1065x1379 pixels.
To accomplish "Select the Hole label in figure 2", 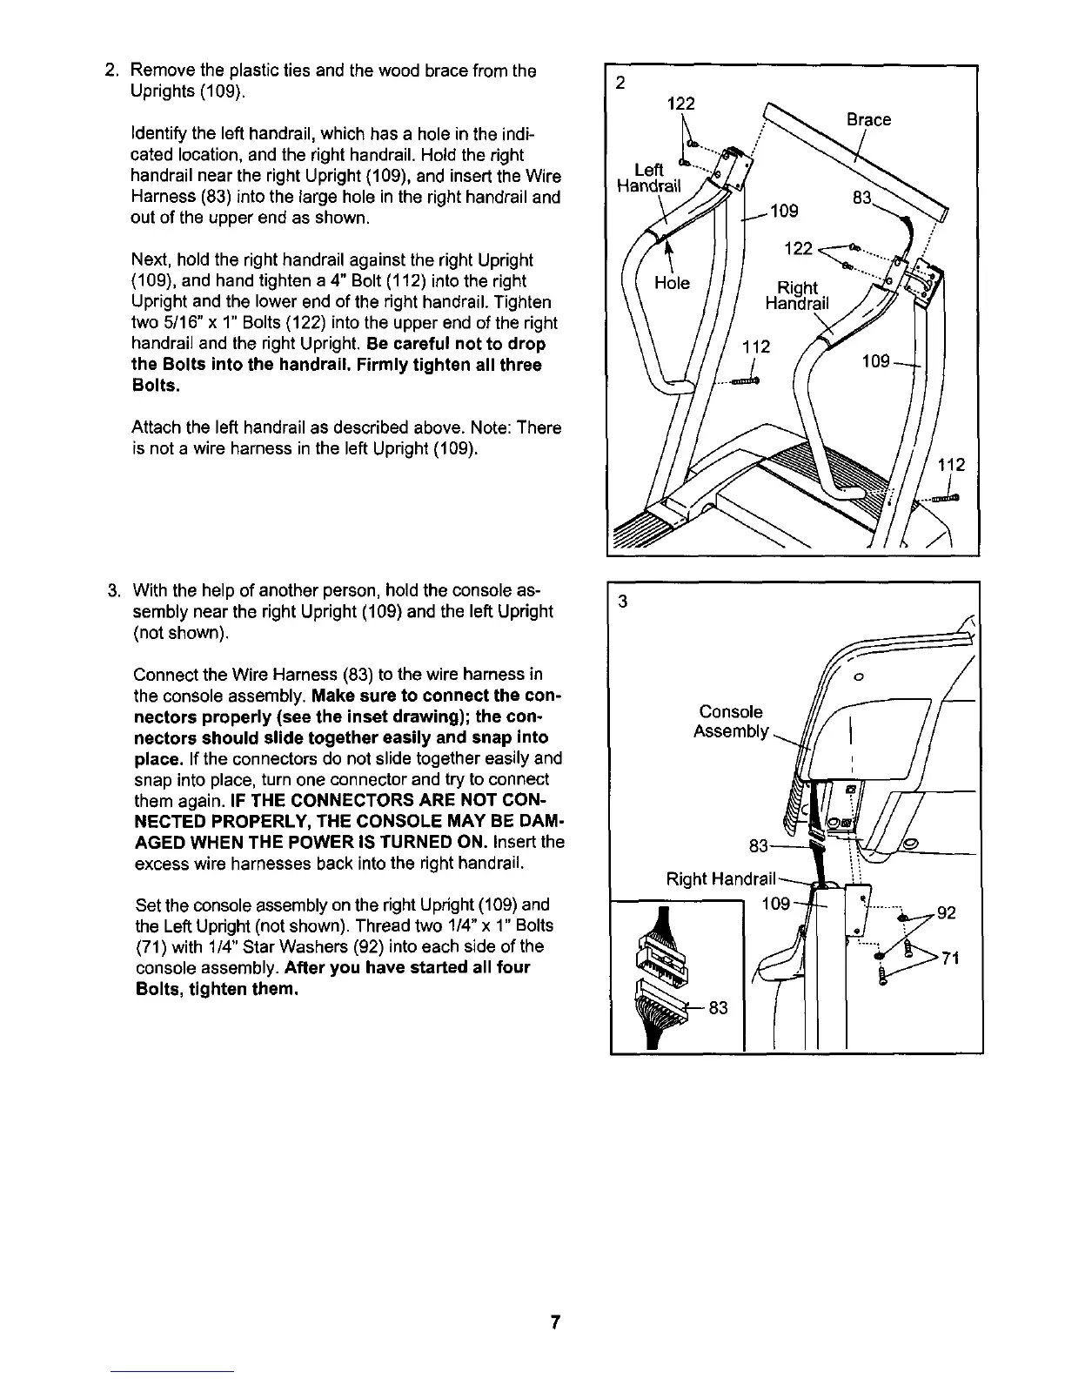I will tap(671, 283).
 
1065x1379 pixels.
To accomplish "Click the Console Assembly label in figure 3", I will tap(730, 722).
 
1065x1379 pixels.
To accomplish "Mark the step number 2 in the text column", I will tap(111, 71).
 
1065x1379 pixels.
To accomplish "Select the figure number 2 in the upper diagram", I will tap(620, 84).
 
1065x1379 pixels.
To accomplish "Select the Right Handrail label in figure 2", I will tap(797, 295).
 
